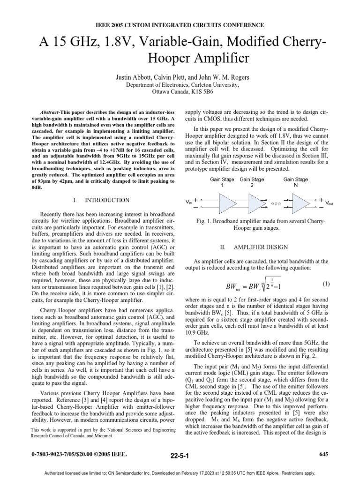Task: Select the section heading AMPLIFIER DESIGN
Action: pos(265,247)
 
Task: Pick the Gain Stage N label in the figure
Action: pos(296,182)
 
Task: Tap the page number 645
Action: pos(323,454)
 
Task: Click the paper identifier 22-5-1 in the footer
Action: pos(180,455)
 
